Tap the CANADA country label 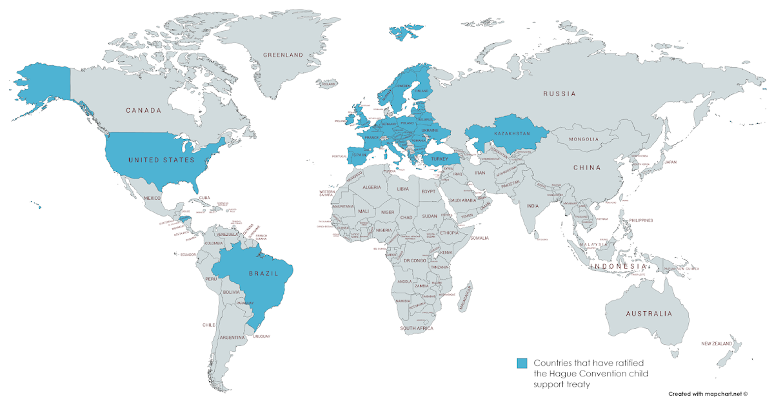click(143, 110)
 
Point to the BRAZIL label click(264, 273)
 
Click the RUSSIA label click(559, 94)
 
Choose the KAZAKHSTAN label click(512, 133)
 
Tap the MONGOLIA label click(583, 139)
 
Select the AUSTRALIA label click(648, 314)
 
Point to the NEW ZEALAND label click(717, 344)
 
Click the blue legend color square click(522, 363)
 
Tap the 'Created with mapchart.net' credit click(708, 393)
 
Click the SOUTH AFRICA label click(416, 329)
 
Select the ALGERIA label click(372, 188)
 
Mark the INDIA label click(532, 206)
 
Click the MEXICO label click(152, 198)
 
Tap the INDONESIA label click(619, 266)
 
